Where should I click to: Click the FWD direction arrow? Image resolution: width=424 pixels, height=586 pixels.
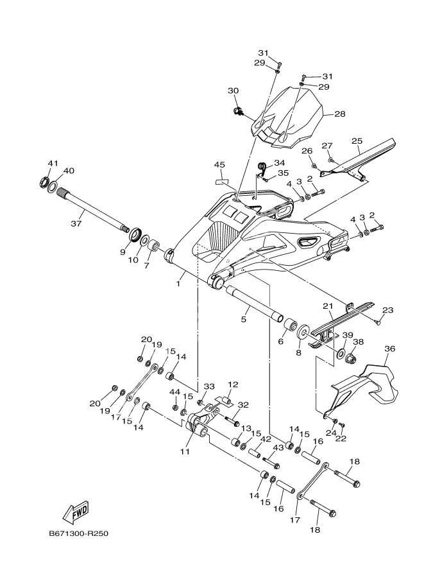[x=76, y=512]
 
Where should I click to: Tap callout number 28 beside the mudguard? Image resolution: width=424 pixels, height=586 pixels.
[x=339, y=114]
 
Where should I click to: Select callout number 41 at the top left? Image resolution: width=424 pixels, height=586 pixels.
[x=53, y=163]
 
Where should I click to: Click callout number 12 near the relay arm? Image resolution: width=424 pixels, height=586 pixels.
[x=232, y=384]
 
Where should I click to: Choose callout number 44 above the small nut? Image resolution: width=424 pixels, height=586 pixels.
[x=174, y=392]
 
